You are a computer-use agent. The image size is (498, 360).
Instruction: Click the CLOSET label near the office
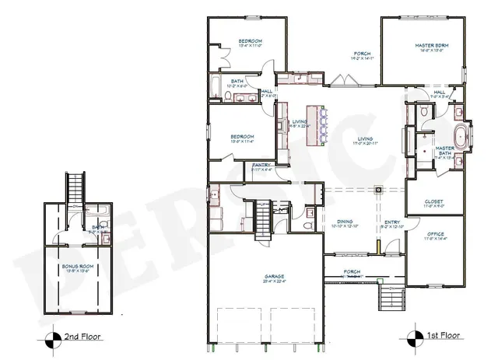[x=434, y=203]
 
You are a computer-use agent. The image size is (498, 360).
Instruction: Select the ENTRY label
[x=392, y=223]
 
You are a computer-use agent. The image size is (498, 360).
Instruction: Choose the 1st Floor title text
[x=442, y=338]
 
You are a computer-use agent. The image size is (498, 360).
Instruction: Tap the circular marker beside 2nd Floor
[x=52, y=338]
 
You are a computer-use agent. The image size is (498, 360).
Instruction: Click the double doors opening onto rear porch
[x=340, y=79]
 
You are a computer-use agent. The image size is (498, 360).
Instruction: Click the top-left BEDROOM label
[x=249, y=41]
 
